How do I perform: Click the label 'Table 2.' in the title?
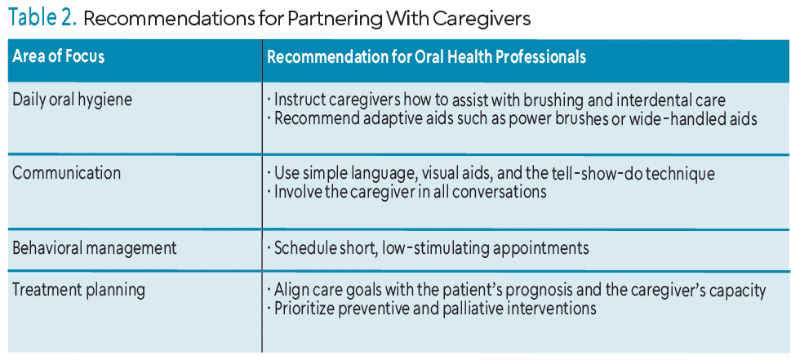42,18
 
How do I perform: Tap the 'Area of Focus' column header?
59,56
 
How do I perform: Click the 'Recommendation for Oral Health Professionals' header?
426,56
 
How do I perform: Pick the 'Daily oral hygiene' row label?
72,100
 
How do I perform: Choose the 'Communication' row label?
67,173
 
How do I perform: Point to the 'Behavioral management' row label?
95,248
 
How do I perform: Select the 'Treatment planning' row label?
78,291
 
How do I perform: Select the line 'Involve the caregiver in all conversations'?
410,192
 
